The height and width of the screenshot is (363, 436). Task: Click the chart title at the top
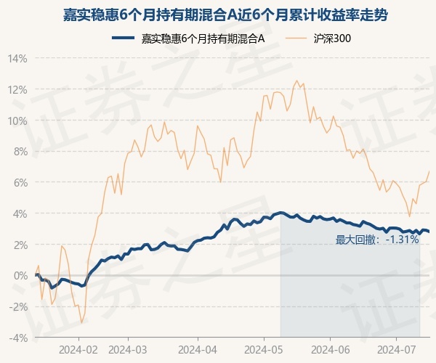point(218,14)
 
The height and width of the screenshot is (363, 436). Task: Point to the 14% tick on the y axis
point(18,58)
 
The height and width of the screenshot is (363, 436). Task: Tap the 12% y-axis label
point(18,89)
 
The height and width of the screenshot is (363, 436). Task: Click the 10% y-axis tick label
point(18,121)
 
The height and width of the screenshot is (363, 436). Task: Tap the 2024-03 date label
point(127,349)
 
